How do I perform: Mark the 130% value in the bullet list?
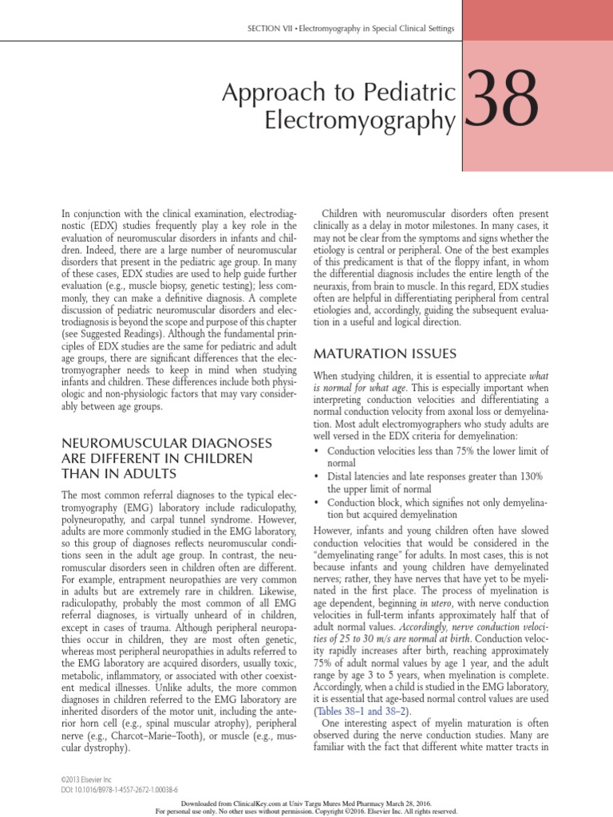[x=528, y=476]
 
